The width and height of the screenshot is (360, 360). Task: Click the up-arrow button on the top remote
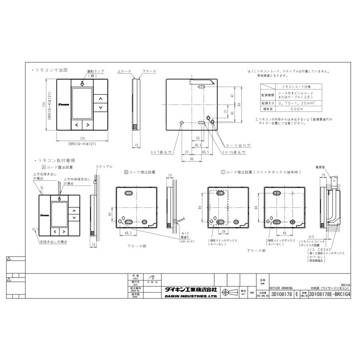(101, 98)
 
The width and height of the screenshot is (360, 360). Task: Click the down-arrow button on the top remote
(101, 108)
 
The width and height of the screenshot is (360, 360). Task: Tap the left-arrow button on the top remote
(76, 125)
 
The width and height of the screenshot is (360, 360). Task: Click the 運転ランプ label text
(95, 71)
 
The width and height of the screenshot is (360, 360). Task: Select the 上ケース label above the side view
(124, 71)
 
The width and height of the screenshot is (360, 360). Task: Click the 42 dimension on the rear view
(232, 96)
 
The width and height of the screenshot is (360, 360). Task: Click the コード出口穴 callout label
(238, 146)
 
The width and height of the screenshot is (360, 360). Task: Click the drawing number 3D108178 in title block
(282, 294)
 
